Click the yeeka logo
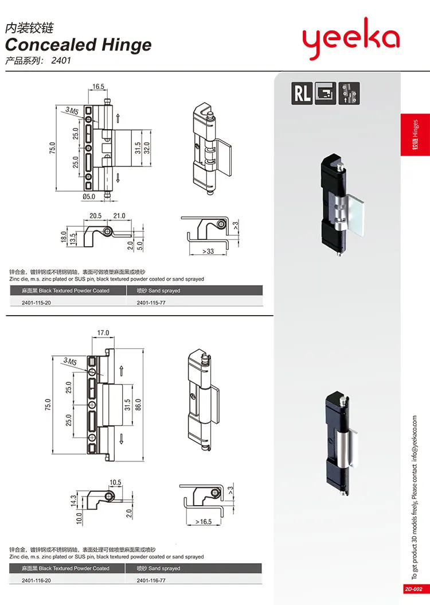350,40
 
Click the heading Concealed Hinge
79,45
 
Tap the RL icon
302,93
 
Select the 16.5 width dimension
98,87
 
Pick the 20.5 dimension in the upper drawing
95,216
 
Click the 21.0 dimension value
118,216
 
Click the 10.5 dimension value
115,483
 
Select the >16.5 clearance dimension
204,522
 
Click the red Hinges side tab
415,135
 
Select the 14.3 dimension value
73,501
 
